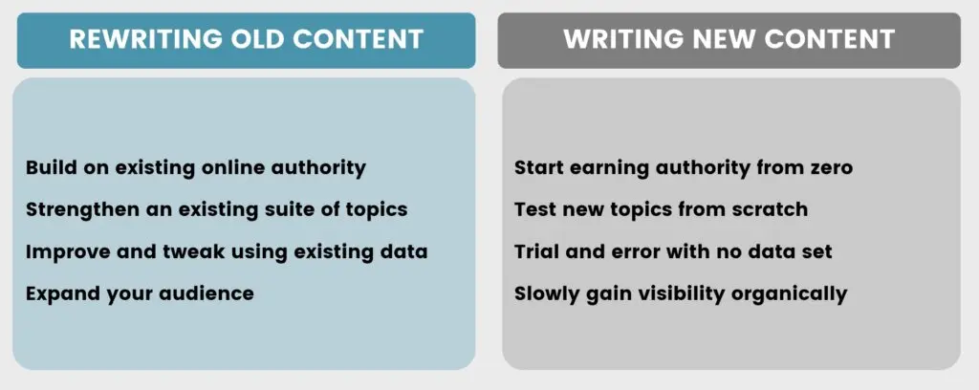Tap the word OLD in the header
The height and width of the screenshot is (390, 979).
click(x=254, y=39)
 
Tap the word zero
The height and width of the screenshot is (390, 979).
click(x=827, y=167)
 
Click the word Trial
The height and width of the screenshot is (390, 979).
click(x=535, y=251)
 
